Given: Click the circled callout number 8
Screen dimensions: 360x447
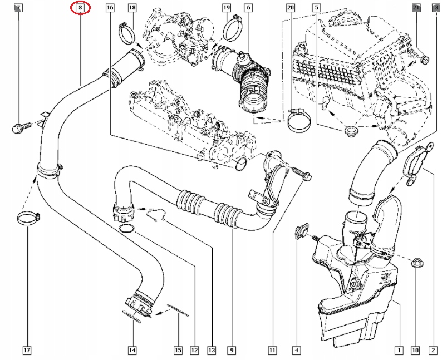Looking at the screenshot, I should (x=81, y=8).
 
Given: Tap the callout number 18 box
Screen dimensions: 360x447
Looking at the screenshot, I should (x=132, y=8).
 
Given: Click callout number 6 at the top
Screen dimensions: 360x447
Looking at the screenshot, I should (x=248, y=8).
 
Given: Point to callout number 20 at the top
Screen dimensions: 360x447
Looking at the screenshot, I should (x=290, y=8).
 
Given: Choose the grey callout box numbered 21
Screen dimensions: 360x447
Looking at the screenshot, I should (x=416, y=8).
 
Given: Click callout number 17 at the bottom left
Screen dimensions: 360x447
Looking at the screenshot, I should (x=26, y=351).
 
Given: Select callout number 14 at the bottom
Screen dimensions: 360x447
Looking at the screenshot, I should (x=132, y=351).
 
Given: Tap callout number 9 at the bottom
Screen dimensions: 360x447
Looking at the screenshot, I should (x=230, y=351).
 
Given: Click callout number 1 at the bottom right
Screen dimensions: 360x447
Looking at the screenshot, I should (x=399, y=351).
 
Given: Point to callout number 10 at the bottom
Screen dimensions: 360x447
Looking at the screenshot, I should (x=415, y=351).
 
